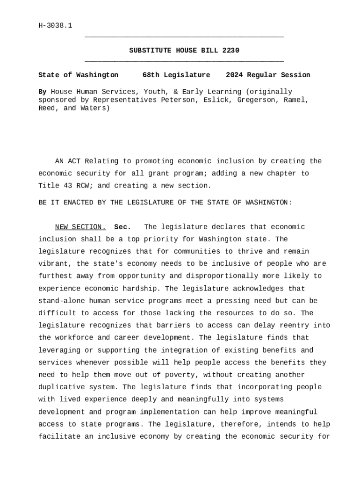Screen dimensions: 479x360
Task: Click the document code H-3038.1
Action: coord(55,25)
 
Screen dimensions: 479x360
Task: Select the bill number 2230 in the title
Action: coord(231,51)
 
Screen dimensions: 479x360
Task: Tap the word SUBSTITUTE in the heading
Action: coord(148,51)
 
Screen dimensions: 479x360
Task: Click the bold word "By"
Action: coord(42,92)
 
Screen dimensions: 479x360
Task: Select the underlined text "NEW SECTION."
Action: coord(80,227)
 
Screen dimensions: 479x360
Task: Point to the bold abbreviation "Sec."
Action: coord(122,227)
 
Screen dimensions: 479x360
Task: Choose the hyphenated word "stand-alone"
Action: coord(61,301)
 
